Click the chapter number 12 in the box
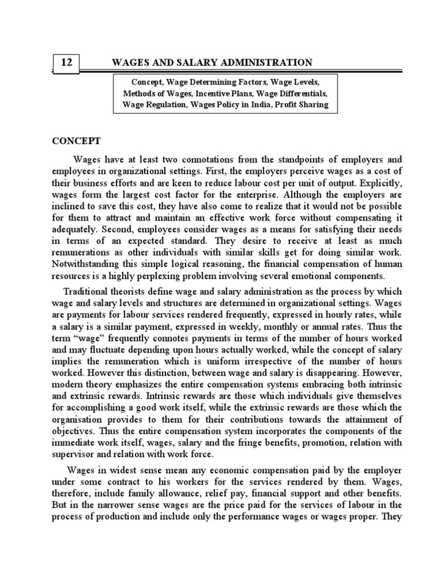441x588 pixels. [66, 63]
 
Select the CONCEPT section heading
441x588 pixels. [77, 140]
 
